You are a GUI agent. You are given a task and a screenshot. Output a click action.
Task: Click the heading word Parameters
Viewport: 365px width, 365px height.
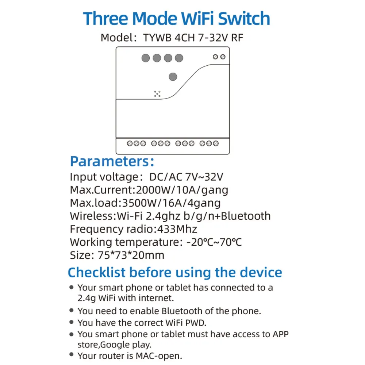(x=108, y=161)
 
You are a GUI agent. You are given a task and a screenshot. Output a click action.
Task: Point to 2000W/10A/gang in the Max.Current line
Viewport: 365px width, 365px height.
(x=182, y=190)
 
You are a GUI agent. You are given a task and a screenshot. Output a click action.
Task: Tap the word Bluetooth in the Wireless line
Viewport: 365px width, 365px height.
(x=244, y=216)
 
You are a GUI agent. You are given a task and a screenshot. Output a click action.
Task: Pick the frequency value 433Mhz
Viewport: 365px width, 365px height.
(x=177, y=229)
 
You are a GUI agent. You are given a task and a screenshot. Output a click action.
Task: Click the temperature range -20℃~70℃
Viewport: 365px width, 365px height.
(x=214, y=242)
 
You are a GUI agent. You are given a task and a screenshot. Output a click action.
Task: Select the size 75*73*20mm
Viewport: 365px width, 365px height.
(x=131, y=255)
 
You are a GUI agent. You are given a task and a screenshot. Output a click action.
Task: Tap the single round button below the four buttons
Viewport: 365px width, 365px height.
(x=173, y=77)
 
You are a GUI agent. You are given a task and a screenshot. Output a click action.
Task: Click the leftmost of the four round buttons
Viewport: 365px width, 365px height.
(x=146, y=58)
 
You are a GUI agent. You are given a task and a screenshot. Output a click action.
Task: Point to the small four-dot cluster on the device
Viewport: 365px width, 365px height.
(x=157, y=94)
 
